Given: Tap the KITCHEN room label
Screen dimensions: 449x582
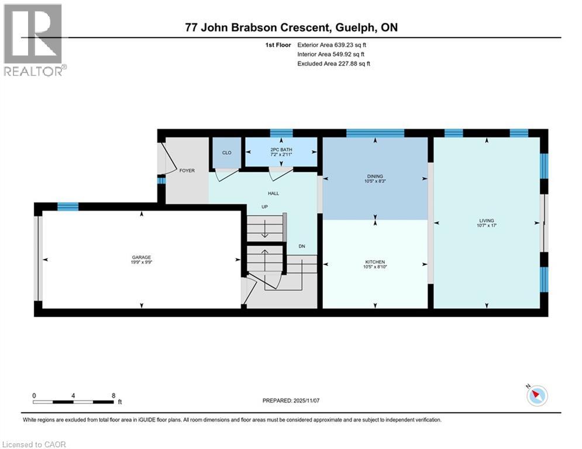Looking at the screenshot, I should pyautogui.click(x=375, y=262).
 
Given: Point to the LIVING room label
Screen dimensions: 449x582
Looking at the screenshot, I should pyautogui.click(x=487, y=221).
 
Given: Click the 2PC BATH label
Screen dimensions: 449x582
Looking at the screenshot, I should pyautogui.click(x=281, y=150).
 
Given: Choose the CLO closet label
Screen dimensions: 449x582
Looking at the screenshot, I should pyautogui.click(x=226, y=153).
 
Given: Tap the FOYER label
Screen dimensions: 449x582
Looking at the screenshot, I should pyautogui.click(x=187, y=171).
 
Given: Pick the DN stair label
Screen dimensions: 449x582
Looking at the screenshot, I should pyautogui.click(x=302, y=246).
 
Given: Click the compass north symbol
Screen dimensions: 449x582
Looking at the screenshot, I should pyautogui.click(x=536, y=396).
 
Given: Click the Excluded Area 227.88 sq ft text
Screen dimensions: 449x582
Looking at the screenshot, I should pyautogui.click(x=333, y=64).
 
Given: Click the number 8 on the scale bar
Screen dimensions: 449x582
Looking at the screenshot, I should pyautogui.click(x=113, y=395).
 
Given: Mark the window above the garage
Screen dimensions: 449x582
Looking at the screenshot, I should pyautogui.click(x=68, y=206).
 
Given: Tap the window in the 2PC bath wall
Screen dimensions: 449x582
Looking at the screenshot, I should pyautogui.click(x=281, y=133).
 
